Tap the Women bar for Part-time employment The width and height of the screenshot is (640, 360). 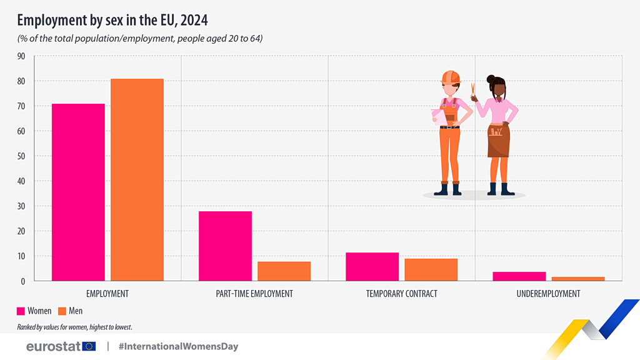pyautogui.click(x=225, y=246)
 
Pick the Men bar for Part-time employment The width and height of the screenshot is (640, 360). pyautogui.click(x=284, y=271)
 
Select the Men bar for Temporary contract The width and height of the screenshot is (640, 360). pyautogui.click(x=431, y=270)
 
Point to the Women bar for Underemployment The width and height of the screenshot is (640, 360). pyautogui.click(x=519, y=276)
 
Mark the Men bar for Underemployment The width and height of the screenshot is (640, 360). pyautogui.click(x=577, y=279)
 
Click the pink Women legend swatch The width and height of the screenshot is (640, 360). pyautogui.click(x=21, y=311)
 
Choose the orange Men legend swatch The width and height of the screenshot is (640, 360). pyautogui.click(x=62, y=311)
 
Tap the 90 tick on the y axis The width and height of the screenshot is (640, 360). pyautogui.click(x=21, y=56)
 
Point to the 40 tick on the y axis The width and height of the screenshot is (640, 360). pyautogui.click(x=21, y=181)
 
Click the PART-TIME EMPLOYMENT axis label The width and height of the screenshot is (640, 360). pyautogui.click(x=254, y=294)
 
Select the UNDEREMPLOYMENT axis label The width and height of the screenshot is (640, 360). pyautogui.click(x=548, y=294)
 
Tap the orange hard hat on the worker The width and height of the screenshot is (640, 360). pyautogui.click(x=449, y=77)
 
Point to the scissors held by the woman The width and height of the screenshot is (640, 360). pyautogui.click(x=473, y=92)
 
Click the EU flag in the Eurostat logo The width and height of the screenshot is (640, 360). pyautogui.click(x=89, y=346)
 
